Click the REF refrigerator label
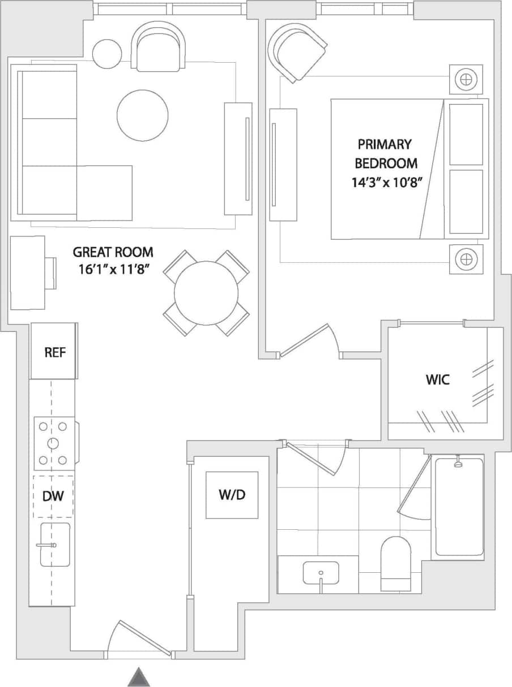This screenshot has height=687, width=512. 55,353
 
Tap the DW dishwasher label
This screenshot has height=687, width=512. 53,496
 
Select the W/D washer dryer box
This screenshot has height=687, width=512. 232,495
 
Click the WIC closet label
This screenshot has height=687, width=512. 437,379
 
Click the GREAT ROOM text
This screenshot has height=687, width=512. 113,252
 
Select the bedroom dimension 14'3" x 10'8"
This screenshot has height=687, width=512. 387,183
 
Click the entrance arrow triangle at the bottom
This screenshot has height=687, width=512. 138,677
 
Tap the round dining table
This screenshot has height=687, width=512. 206,293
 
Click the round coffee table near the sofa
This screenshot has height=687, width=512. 142,115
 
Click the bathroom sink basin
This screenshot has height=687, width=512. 321,573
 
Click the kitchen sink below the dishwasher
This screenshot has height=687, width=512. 55,545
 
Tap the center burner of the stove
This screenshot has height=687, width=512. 53,443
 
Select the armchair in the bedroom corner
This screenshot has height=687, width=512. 297,53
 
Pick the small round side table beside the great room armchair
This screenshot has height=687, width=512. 107,53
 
